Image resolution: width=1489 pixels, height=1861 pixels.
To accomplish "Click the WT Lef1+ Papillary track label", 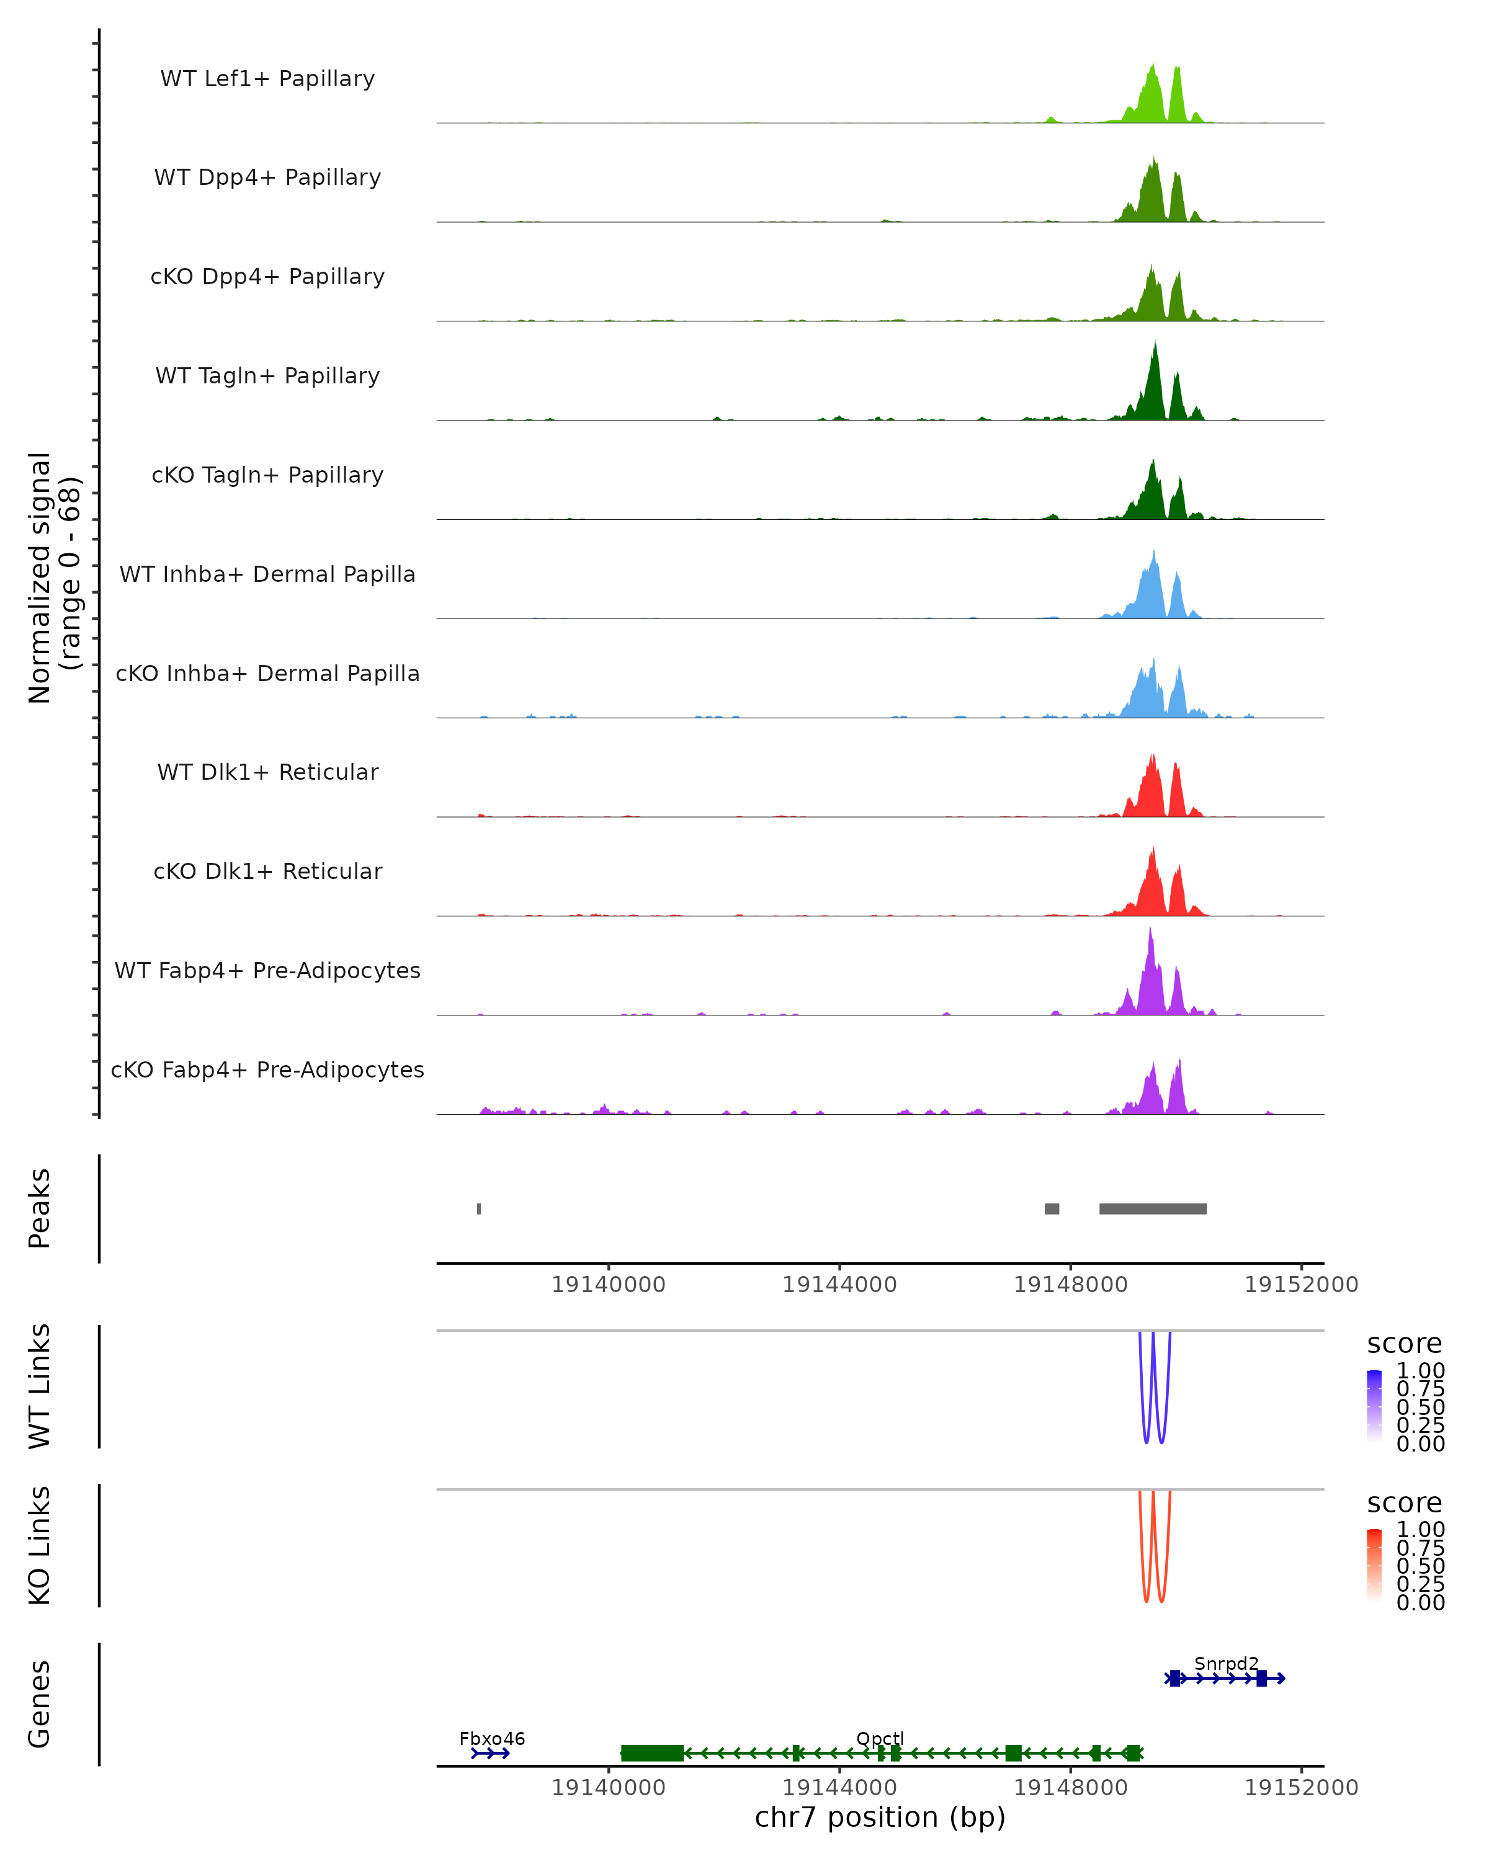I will (x=267, y=79).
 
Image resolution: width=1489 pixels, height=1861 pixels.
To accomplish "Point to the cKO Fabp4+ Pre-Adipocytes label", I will (x=267, y=1069).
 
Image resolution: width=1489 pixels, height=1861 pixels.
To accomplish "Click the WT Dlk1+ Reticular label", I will (x=267, y=772).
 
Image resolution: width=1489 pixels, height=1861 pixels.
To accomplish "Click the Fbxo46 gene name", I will (x=492, y=1738).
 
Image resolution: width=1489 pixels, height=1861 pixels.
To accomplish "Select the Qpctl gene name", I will (x=880, y=1738).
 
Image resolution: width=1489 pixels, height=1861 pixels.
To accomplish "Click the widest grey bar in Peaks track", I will (x=1152, y=1208).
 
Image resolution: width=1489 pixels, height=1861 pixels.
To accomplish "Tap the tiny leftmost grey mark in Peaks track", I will (x=479, y=1208).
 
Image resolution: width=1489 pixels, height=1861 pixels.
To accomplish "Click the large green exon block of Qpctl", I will (x=651, y=1753).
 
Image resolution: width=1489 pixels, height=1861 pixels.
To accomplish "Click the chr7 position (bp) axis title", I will (x=880, y=1817).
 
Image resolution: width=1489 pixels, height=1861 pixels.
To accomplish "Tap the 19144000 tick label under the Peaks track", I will (x=839, y=1285).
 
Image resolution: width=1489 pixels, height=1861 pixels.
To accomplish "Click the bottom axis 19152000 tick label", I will (x=1301, y=1788).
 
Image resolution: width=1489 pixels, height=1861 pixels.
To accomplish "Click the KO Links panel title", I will (x=40, y=1545).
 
